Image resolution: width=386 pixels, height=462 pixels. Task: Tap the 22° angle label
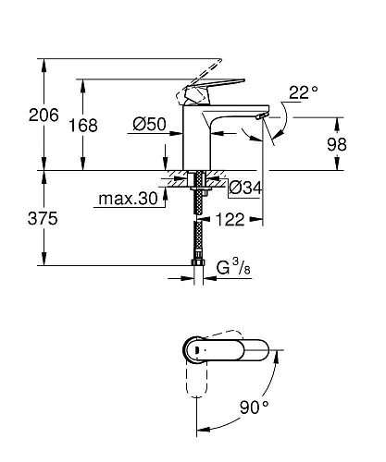point(303,91)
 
